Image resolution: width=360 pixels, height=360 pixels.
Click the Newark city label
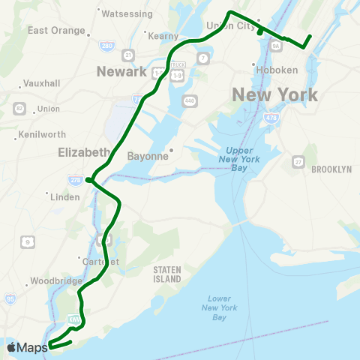coord(121,71)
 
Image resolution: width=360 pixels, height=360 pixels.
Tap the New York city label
coord(274,94)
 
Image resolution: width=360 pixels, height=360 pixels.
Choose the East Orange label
coord(54,31)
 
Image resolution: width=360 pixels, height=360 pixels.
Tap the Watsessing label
coord(127,13)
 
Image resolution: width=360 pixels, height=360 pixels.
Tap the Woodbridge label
coord(55,281)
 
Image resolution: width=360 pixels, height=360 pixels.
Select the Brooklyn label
coord(331,169)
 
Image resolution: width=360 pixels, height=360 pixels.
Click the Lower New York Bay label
coord(215,307)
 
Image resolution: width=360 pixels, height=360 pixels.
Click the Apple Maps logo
coord(27,346)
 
